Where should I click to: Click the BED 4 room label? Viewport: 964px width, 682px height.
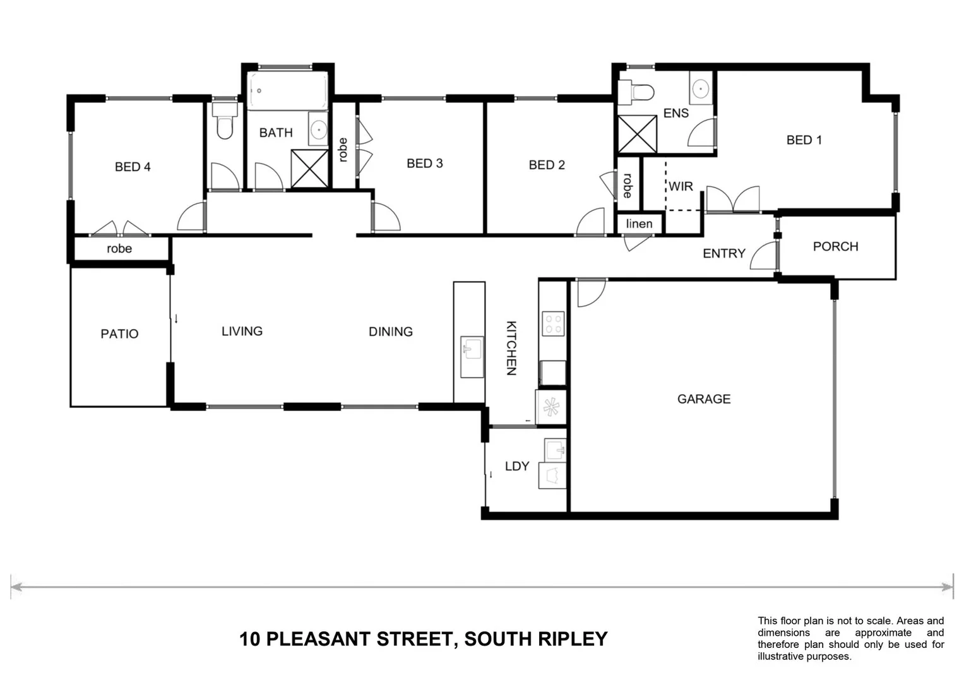[133, 167]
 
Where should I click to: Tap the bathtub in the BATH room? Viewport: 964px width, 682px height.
[287, 91]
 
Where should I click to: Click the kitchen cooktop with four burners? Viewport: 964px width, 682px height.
[554, 324]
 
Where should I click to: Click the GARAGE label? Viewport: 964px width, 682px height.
[703, 399]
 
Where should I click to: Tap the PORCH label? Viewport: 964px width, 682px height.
[835, 246]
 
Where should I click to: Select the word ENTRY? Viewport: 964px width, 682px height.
[723, 253]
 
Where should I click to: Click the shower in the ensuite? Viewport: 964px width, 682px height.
[636, 134]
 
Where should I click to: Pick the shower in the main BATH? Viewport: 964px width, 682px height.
[309, 169]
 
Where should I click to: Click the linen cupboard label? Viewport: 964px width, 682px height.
[639, 224]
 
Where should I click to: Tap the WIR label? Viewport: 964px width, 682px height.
[681, 186]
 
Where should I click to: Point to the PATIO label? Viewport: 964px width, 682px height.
[119, 333]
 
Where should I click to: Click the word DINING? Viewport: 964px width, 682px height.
[390, 332]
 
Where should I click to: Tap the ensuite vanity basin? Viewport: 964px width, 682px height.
[701, 89]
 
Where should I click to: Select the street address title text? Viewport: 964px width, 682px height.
[423, 639]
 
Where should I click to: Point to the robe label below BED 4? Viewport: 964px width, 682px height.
[119, 249]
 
